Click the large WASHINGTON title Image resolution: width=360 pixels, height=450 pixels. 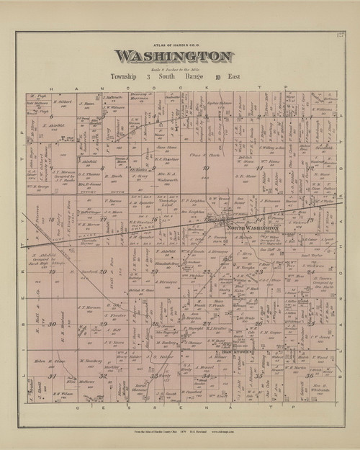[x=174, y=56]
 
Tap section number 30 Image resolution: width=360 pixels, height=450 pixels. [x=53, y=324]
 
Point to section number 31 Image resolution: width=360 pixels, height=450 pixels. [x=51, y=376]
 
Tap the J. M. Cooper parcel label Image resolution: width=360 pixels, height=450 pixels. [x=270, y=332]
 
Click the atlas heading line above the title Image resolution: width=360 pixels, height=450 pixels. [x=173, y=45]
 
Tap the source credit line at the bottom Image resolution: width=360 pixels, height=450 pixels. [x=180, y=430]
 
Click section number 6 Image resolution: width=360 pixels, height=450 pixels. [x=53, y=116]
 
